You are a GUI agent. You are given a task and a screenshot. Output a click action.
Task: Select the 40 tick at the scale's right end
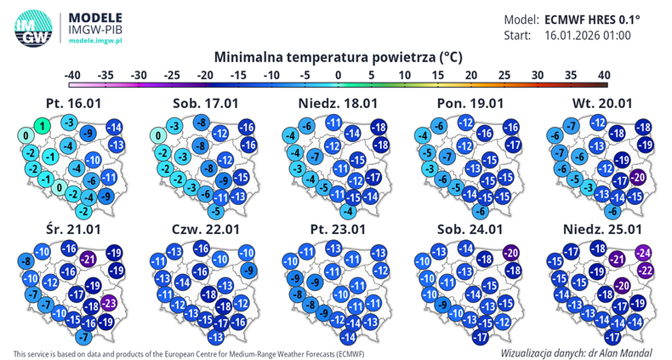click(x=604, y=75)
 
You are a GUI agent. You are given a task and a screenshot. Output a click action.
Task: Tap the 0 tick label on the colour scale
click(x=339, y=75)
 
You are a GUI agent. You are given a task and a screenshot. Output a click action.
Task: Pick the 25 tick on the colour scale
click(x=504, y=75)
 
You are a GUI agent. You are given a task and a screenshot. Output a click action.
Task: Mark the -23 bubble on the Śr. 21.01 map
click(x=109, y=302)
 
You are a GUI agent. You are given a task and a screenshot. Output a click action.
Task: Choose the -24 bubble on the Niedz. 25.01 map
click(x=644, y=253)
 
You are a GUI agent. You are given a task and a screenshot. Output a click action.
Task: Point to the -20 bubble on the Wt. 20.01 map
click(x=639, y=177)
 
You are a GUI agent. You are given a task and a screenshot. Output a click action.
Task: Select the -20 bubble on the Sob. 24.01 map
click(x=510, y=253)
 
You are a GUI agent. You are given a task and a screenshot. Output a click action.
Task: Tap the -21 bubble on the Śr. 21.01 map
click(x=88, y=258)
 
